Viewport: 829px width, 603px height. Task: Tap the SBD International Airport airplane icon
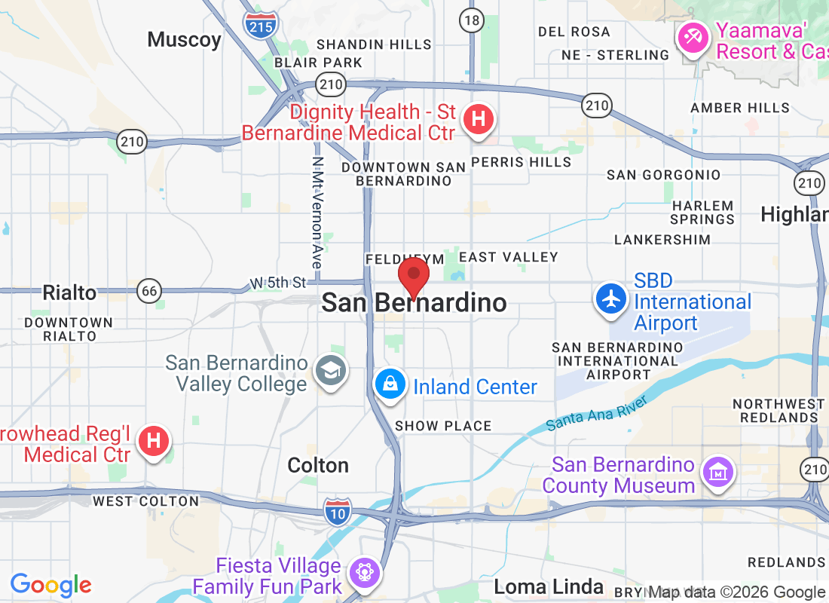(612, 299)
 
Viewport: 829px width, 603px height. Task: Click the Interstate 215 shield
(261, 24)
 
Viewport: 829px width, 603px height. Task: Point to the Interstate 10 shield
(338, 511)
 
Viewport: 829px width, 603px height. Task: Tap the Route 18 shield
(472, 20)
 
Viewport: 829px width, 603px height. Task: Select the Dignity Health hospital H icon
(477, 119)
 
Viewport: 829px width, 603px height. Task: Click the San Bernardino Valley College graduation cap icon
(330, 370)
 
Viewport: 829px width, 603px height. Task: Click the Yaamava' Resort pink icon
(692, 37)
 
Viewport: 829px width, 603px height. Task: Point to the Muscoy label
(184, 40)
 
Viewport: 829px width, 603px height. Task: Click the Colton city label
(318, 465)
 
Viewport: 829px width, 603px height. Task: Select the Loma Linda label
(549, 586)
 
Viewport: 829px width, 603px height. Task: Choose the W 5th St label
(279, 283)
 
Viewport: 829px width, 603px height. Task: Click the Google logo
(51, 584)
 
